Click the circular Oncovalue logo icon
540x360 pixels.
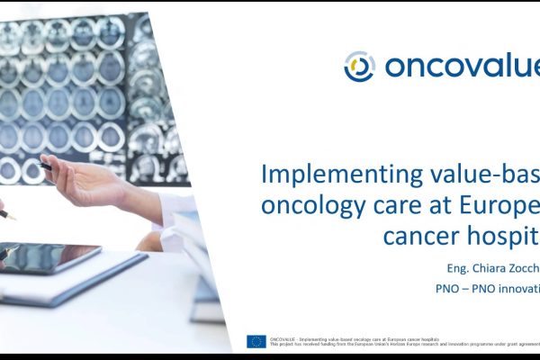[360, 66]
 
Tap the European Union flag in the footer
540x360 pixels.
[256, 341]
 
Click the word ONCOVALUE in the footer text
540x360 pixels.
[286, 337]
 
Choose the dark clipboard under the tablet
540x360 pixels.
[90, 279]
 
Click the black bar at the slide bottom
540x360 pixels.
[270, 356]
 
